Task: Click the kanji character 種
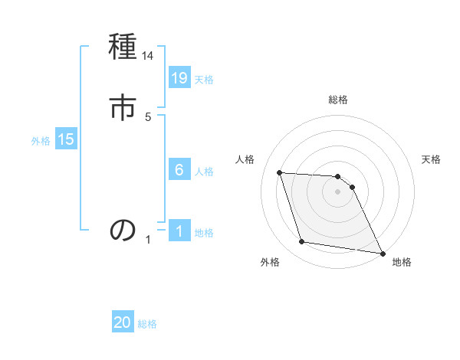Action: click(123, 48)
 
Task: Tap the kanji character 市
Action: click(123, 108)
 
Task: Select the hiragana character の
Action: click(123, 229)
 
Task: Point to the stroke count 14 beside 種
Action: click(148, 56)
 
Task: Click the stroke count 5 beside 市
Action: click(148, 116)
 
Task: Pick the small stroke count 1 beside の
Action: click(148, 240)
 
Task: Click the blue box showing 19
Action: click(179, 77)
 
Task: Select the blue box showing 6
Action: click(179, 170)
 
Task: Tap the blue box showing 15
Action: click(66, 139)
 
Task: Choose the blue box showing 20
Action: click(123, 323)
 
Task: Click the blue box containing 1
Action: click(179, 231)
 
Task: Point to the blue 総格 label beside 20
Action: click(147, 324)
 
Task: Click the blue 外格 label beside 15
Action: click(41, 140)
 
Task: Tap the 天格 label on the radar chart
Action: click(432, 159)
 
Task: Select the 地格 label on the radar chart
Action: click(402, 263)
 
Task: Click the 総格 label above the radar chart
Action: click(338, 100)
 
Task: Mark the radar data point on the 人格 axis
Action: click(279, 172)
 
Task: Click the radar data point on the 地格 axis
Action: click(382, 253)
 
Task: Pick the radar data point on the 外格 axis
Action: click(302, 242)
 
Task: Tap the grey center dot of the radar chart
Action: click(338, 191)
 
